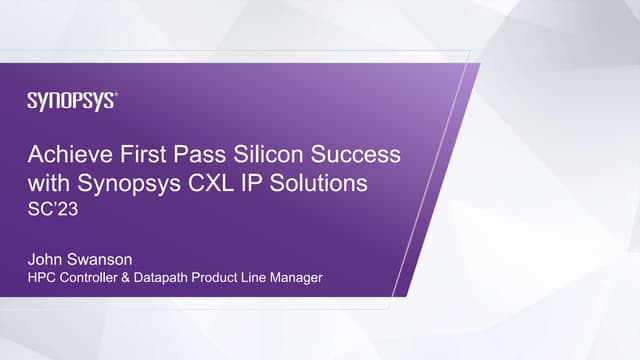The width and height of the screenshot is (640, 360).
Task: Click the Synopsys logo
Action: coord(72,100)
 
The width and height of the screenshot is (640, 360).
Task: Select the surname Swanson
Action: coord(107,257)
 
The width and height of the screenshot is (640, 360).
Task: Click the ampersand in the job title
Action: coord(141,277)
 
